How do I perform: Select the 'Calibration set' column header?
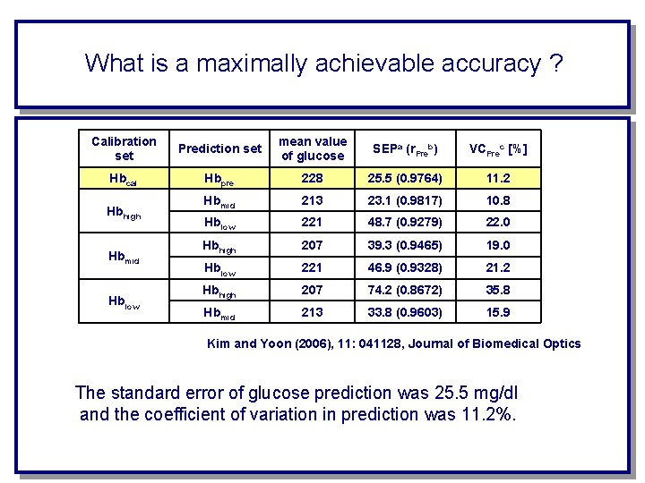(124, 148)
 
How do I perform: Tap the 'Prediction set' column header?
(220, 148)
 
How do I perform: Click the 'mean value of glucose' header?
(313, 148)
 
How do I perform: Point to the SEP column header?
(406, 148)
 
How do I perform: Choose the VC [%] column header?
(499, 148)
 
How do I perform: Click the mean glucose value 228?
(313, 178)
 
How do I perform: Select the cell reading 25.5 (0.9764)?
(406, 178)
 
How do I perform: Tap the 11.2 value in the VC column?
(499, 178)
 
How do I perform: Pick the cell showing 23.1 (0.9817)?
(406, 200)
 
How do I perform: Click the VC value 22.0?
(499, 222)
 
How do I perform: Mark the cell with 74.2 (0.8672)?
(406, 290)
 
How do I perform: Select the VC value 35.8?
(499, 290)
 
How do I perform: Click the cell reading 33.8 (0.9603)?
(406, 312)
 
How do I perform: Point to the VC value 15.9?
(499, 312)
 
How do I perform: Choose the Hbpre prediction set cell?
(219, 179)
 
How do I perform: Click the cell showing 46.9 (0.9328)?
(406, 267)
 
